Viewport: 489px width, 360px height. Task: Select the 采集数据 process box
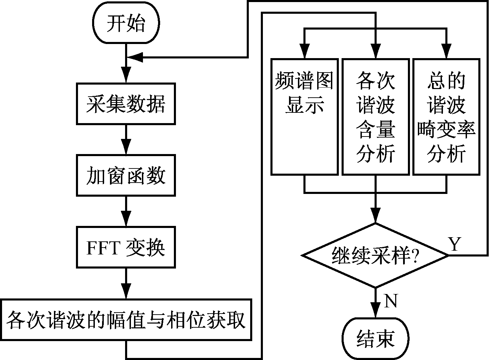126,103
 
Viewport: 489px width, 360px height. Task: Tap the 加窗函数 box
126,175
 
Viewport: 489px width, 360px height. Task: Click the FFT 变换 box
126,247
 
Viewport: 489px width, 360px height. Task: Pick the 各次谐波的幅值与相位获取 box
126,320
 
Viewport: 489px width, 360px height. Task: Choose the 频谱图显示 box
304,117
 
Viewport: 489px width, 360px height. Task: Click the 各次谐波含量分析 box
376,117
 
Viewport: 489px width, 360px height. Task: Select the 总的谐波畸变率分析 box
446,117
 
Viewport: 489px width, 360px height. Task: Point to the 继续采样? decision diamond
375,255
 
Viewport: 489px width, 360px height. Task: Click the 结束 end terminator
375,339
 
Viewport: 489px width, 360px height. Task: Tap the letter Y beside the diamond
454,244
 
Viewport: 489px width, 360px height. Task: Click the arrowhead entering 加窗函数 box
126,148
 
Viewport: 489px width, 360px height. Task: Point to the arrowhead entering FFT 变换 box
126,220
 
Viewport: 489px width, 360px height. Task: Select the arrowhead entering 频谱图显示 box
304,52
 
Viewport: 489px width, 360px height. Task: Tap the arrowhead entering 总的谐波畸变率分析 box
446,52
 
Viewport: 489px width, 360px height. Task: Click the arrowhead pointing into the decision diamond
375,216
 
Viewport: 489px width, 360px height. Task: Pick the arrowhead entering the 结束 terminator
375,311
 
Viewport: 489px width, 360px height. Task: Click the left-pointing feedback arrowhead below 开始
137,57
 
